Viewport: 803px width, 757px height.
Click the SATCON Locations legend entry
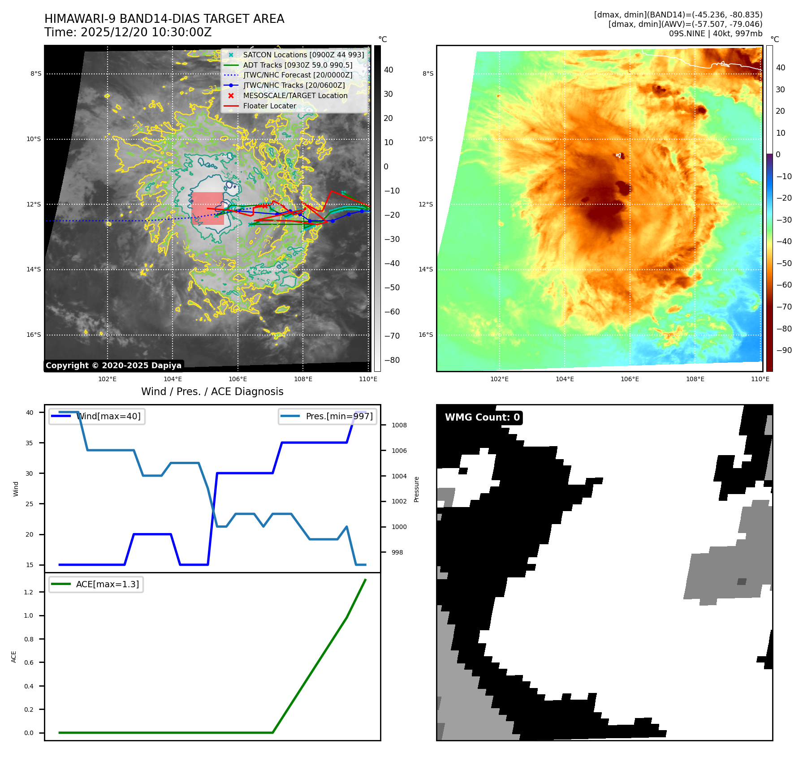[303, 55]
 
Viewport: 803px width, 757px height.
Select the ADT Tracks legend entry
[298, 65]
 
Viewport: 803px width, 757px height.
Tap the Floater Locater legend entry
[269, 106]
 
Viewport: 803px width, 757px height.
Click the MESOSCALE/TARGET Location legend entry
[295, 95]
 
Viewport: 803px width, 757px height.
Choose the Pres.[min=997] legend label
[339, 416]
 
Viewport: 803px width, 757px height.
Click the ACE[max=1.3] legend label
[108, 584]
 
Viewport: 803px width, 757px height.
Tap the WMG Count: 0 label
[482, 417]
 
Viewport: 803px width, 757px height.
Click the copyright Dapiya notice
[113, 366]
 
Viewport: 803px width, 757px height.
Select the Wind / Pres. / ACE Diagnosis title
[212, 391]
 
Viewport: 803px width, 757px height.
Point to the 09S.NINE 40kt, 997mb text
[715, 34]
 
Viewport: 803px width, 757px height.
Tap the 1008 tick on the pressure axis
[399, 425]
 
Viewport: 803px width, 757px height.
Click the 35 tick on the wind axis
[30, 443]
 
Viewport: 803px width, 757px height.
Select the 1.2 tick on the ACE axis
[29, 592]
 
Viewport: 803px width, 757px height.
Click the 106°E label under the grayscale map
[237, 379]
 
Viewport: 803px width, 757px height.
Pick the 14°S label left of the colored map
[426, 269]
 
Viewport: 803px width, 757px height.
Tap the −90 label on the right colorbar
[784, 350]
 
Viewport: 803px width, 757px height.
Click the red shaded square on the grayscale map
[207, 208]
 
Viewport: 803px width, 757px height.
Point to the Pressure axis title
[416, 489]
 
